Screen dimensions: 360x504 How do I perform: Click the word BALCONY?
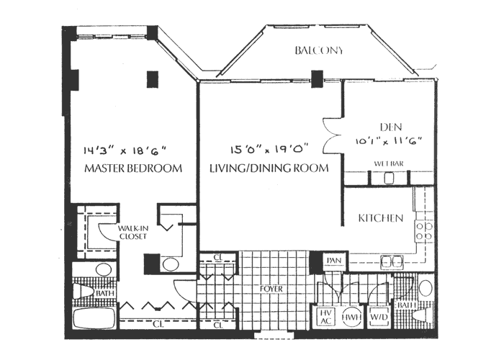[319, 51]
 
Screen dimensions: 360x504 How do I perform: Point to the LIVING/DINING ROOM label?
[269, 168]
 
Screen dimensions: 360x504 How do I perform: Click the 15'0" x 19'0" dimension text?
[269, 150]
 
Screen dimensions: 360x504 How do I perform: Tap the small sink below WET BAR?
[390, 179]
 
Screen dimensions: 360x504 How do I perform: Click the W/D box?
[377, 316]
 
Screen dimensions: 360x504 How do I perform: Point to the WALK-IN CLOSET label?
[133, 232]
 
